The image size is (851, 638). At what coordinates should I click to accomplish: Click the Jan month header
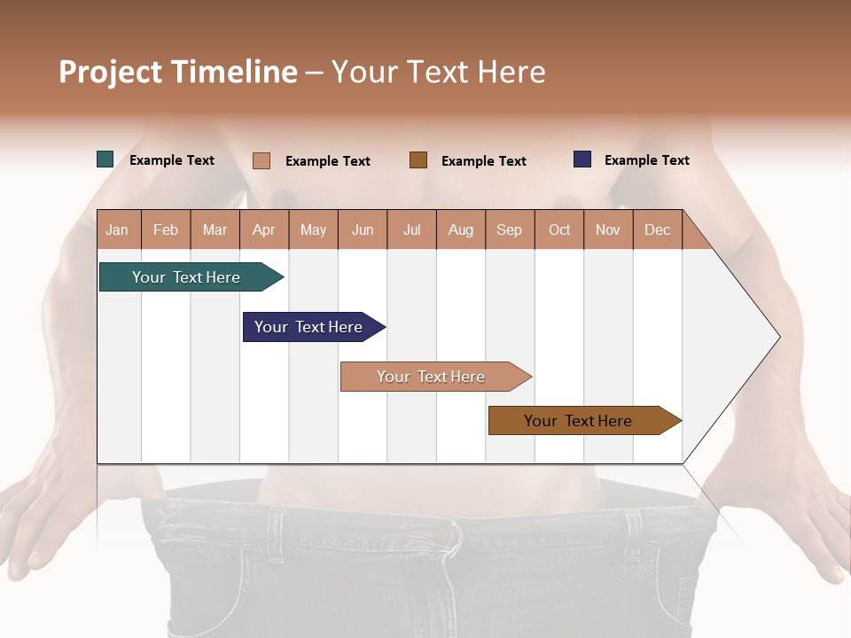pos(117,230)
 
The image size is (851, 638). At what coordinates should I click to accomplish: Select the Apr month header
pos(264,230)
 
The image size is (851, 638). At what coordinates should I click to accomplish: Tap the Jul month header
pos(411,230)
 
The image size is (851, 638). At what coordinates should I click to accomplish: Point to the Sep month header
pos(509,230)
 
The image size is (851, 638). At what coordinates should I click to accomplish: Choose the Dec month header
pos(657,230)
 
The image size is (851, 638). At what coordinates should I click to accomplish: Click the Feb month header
pos(166,230)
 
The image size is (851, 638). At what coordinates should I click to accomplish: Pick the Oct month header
pos(559,230)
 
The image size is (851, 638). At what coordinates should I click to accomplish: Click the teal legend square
pos(105,159)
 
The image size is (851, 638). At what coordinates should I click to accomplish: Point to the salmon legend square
pos(262,160)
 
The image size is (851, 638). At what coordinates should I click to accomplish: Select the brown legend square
pos(418,159)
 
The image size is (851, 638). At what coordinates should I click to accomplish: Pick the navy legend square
pos(582,159)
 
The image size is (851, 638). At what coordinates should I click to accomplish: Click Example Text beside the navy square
pos(646,160)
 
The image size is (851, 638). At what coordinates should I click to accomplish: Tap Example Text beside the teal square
pos(172,160)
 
